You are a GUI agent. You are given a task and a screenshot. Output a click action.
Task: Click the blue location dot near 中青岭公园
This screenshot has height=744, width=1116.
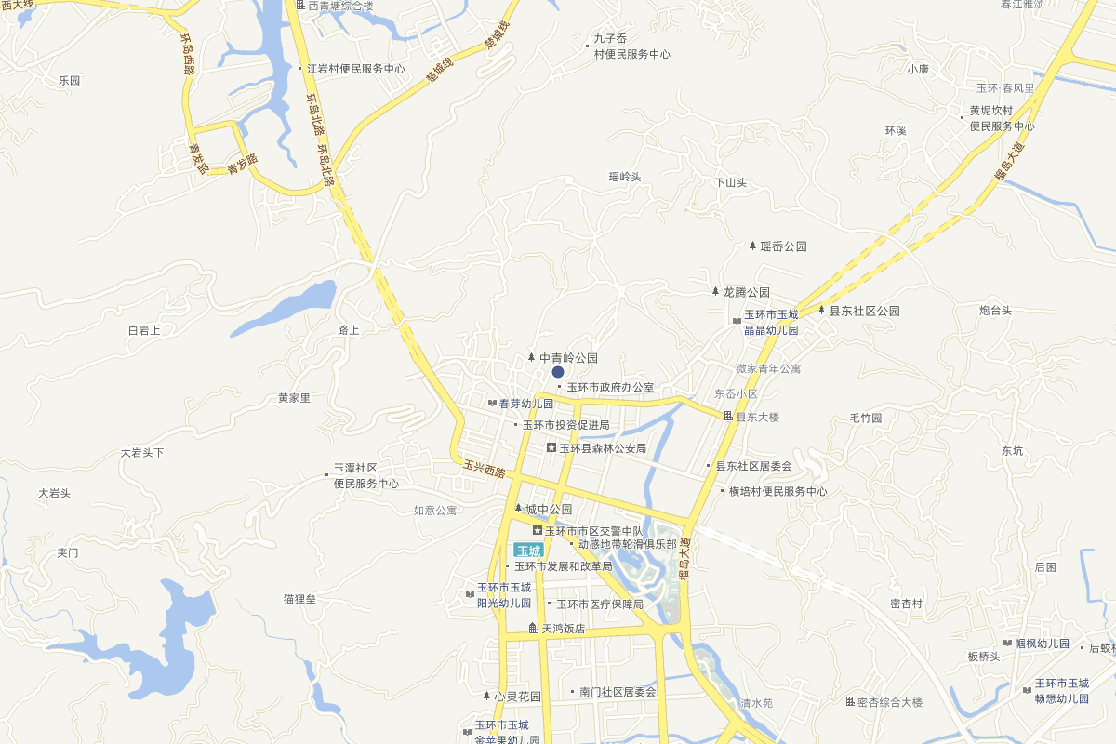click(558, 372)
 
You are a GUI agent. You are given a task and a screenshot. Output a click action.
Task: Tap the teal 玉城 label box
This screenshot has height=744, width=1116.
click(529, 550)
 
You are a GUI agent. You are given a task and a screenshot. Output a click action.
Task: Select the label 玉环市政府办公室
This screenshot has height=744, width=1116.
click(610, 387)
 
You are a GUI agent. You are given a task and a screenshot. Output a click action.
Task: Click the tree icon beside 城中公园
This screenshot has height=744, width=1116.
click(518, 509)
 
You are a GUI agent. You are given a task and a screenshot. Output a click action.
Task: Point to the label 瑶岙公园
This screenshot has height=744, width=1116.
click(782, 246)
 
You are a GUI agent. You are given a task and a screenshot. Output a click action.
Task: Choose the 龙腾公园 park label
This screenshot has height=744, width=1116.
click(746, 292)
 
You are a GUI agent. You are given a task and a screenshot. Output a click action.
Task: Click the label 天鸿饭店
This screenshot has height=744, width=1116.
click(564, 629)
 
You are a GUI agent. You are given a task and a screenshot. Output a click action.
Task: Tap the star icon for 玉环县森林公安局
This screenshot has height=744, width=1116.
click(551, 448)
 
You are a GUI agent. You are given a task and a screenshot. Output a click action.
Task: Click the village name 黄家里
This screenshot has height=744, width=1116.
click(294, 398)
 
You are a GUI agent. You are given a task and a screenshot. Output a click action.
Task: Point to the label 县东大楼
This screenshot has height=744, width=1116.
click(757, 417)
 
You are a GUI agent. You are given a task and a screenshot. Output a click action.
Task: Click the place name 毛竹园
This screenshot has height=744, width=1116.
click(866, 418)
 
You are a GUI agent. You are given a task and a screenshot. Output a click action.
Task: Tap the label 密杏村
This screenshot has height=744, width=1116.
click(906, 604)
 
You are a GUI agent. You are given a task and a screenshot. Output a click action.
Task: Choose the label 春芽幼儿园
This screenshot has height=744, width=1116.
click(525, 404)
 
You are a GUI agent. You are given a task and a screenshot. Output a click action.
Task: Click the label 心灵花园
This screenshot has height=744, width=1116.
click(517, 696)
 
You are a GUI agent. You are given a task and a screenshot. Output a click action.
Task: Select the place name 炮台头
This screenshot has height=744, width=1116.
click(995, 311)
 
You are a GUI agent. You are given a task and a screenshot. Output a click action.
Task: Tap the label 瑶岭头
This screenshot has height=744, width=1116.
click(625, 177)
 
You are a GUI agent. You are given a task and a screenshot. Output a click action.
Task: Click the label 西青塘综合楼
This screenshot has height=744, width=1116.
click(340, 7)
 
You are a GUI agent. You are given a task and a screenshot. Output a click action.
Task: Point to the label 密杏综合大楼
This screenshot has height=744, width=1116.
click(889, 702)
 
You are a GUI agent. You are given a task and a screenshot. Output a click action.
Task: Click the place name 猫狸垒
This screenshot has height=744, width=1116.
click(299, 599)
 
